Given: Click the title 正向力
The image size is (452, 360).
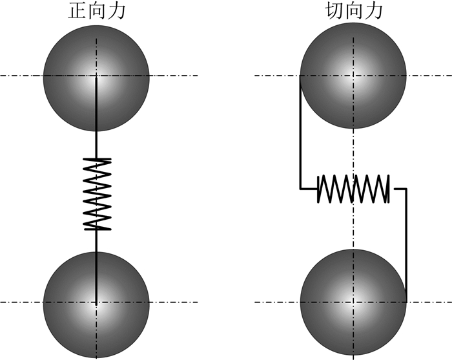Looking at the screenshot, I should click(x=96, y=12).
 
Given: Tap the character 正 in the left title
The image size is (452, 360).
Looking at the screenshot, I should click(x=78, y=12).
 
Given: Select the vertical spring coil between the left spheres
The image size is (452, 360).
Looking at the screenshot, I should click(x=97, y=194).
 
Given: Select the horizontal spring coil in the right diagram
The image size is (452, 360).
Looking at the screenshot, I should click(x=353, y=189).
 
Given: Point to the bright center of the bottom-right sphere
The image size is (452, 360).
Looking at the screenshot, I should click(x=353, y=302).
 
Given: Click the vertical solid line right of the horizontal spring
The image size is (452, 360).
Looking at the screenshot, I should click(x=406, y=246).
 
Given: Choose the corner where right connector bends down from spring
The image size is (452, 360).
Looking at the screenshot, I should click(x=406, y=189).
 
